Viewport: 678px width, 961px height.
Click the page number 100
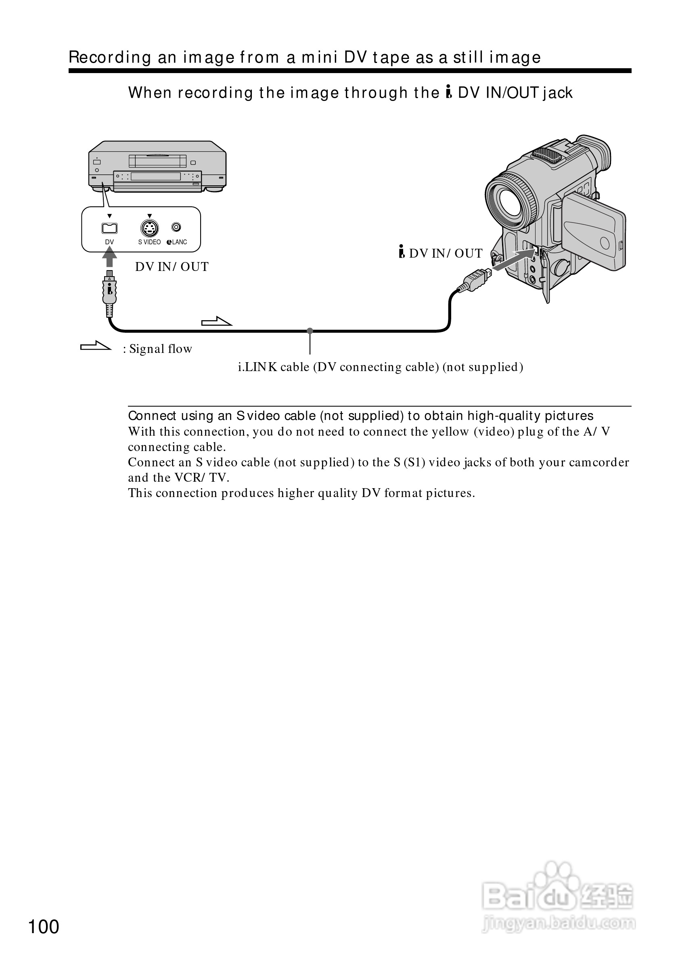(44, 927)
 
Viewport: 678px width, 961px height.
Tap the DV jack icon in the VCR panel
(110, 228)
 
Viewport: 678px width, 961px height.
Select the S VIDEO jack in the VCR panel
(149, 228)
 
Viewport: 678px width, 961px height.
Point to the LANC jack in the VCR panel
(176, 227)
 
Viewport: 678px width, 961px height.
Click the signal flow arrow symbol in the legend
(96, 346)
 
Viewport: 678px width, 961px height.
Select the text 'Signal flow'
(161, 348)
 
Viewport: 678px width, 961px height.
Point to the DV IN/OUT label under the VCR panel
(172, 266)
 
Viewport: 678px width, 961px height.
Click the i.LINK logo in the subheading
(449, 92)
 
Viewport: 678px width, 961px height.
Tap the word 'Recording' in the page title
(110, 57)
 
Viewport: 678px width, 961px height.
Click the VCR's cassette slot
(158, 161)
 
